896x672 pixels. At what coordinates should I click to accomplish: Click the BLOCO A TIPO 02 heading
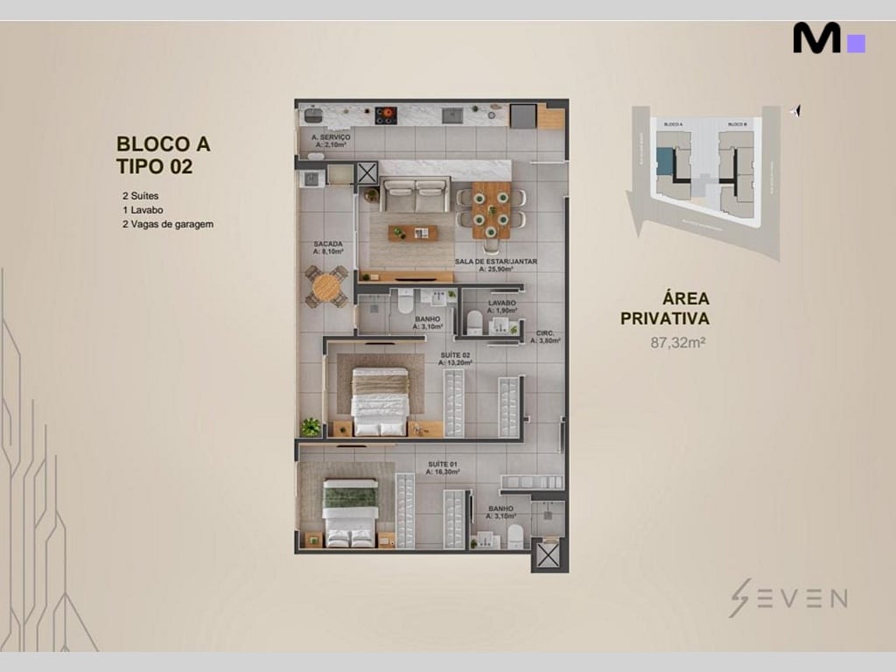point(164,154)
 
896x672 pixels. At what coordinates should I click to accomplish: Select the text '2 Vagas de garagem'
point(168,224)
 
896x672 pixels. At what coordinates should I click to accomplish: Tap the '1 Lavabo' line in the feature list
point(143,210)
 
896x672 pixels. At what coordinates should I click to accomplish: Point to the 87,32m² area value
point(677,342)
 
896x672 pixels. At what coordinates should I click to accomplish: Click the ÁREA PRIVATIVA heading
point(664,309)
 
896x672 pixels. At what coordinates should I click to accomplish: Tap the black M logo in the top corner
point(817,38)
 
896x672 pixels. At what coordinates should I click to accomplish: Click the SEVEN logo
point(787,598)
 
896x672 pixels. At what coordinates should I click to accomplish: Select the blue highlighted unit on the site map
point(666,161)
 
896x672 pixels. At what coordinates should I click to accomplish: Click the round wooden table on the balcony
point(326,286)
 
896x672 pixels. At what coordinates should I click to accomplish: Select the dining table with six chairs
point(490,209)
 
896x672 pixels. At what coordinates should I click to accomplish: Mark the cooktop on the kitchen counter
point(386,115)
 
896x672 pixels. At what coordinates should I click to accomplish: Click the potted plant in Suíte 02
point(311,427)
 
